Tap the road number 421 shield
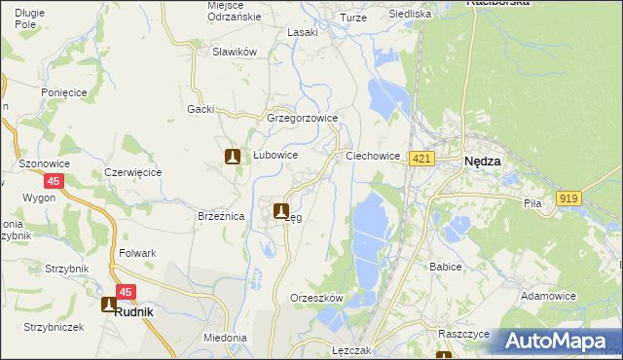tap(421, 159)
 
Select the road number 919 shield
tap(569, 198)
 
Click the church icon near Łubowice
tap(233, 156)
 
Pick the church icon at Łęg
tap(281, 210)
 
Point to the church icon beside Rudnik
tap(109, 304)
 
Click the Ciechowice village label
tap(374, 156)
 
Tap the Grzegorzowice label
tap(302, 119)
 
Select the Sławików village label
tap(234, 52)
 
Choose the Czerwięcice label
tap(132, 172)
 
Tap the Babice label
tap(445, 265)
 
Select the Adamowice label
tap(548, 296)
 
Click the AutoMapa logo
tap(557, 341)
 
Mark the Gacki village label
tap(201, 109)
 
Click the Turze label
tap(352, 18)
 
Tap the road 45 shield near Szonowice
tap(54, 181)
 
